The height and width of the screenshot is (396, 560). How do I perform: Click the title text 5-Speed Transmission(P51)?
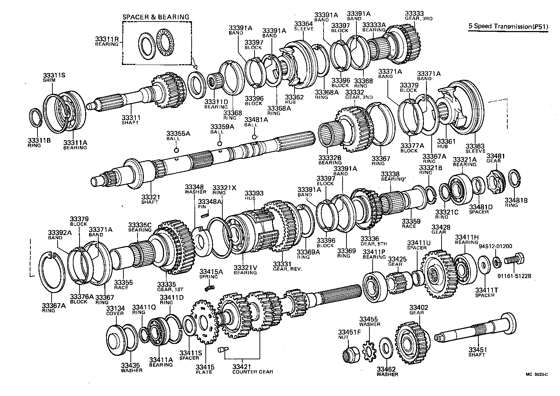click(508, 26)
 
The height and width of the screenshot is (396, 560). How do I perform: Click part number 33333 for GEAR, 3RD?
click(414, 14)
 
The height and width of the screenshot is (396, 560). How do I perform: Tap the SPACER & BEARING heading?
click(156, 17)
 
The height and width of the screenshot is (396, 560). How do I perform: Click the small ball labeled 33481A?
click(254, 137)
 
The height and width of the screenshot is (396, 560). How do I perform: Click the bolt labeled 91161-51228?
click(514, 261)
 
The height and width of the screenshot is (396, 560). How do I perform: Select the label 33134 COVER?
click(115, 311)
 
